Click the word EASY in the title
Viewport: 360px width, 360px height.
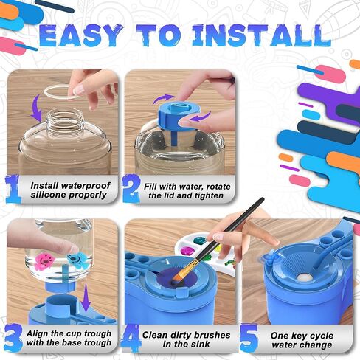pos(81,35)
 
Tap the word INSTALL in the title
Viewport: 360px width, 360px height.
pos(262,35)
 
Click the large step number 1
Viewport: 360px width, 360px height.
pos(13,189)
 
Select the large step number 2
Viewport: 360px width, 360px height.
pos(131,189)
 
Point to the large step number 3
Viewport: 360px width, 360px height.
pos(13,338)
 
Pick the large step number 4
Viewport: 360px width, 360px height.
pos(131,338)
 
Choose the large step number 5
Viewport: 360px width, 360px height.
pos(249,338)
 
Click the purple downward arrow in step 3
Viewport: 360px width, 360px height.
pos(86,297)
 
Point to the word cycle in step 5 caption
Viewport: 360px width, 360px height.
pos(321,336)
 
